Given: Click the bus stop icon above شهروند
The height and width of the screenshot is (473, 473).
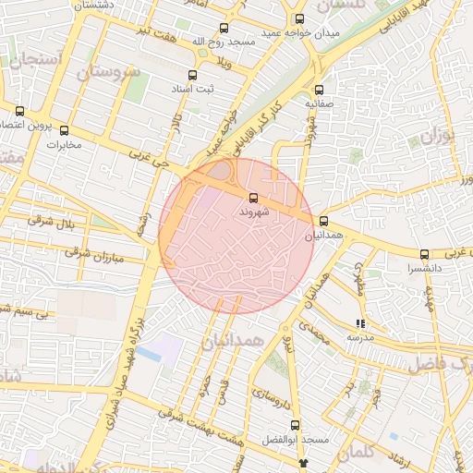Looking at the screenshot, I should click(x=253, y=198).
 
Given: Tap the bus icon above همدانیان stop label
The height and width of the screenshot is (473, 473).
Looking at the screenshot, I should click(x=323, y=221).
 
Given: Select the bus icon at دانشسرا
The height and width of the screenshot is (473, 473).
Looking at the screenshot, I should click(x=424, y=253).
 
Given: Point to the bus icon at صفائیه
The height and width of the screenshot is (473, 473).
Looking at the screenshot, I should click(x=320, y=91).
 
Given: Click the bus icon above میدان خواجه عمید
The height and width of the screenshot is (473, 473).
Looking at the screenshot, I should click(x=298, y=18).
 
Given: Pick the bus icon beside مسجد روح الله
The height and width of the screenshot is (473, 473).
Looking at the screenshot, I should click(x=223, y=29).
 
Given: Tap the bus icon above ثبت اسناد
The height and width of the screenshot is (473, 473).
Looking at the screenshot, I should click(x=192, y=76).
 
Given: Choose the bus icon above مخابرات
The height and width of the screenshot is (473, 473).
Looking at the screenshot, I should click(x=64, y=129).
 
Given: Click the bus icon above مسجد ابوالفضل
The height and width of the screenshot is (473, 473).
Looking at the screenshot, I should click(x=296, y=425).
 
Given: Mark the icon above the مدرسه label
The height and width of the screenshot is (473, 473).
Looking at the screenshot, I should click(x=360, y=324).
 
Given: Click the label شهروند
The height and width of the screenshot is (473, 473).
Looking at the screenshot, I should click(x=253, y=212).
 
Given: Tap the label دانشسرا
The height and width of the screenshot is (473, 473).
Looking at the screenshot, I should click(x=424, y=268).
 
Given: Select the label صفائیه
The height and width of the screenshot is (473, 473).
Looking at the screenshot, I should click(x=320, y=104).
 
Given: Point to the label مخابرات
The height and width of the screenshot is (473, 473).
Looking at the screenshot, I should click(x=64, y=144).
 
